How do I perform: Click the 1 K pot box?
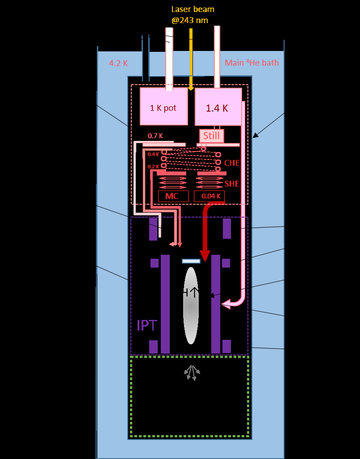pos(163,107)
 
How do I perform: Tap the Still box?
pos(211,136)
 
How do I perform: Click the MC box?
pos(173,196)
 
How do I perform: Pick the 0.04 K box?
pos(209,196)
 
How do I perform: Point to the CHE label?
pos(231,163)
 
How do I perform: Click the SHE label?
pos(231,183)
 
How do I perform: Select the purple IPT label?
pos(146,325)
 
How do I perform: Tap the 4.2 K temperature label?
pos(118,63)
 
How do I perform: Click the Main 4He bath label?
pos(252,62)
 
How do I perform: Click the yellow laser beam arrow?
pos(191,58)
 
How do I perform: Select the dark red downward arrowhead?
pos(205,256)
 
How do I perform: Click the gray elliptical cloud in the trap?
pos(191,310)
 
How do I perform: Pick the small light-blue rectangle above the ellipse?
pos(191,261)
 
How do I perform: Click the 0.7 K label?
pos(156,136)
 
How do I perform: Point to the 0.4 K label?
pos(153,154)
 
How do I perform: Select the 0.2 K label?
pos(153,167)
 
